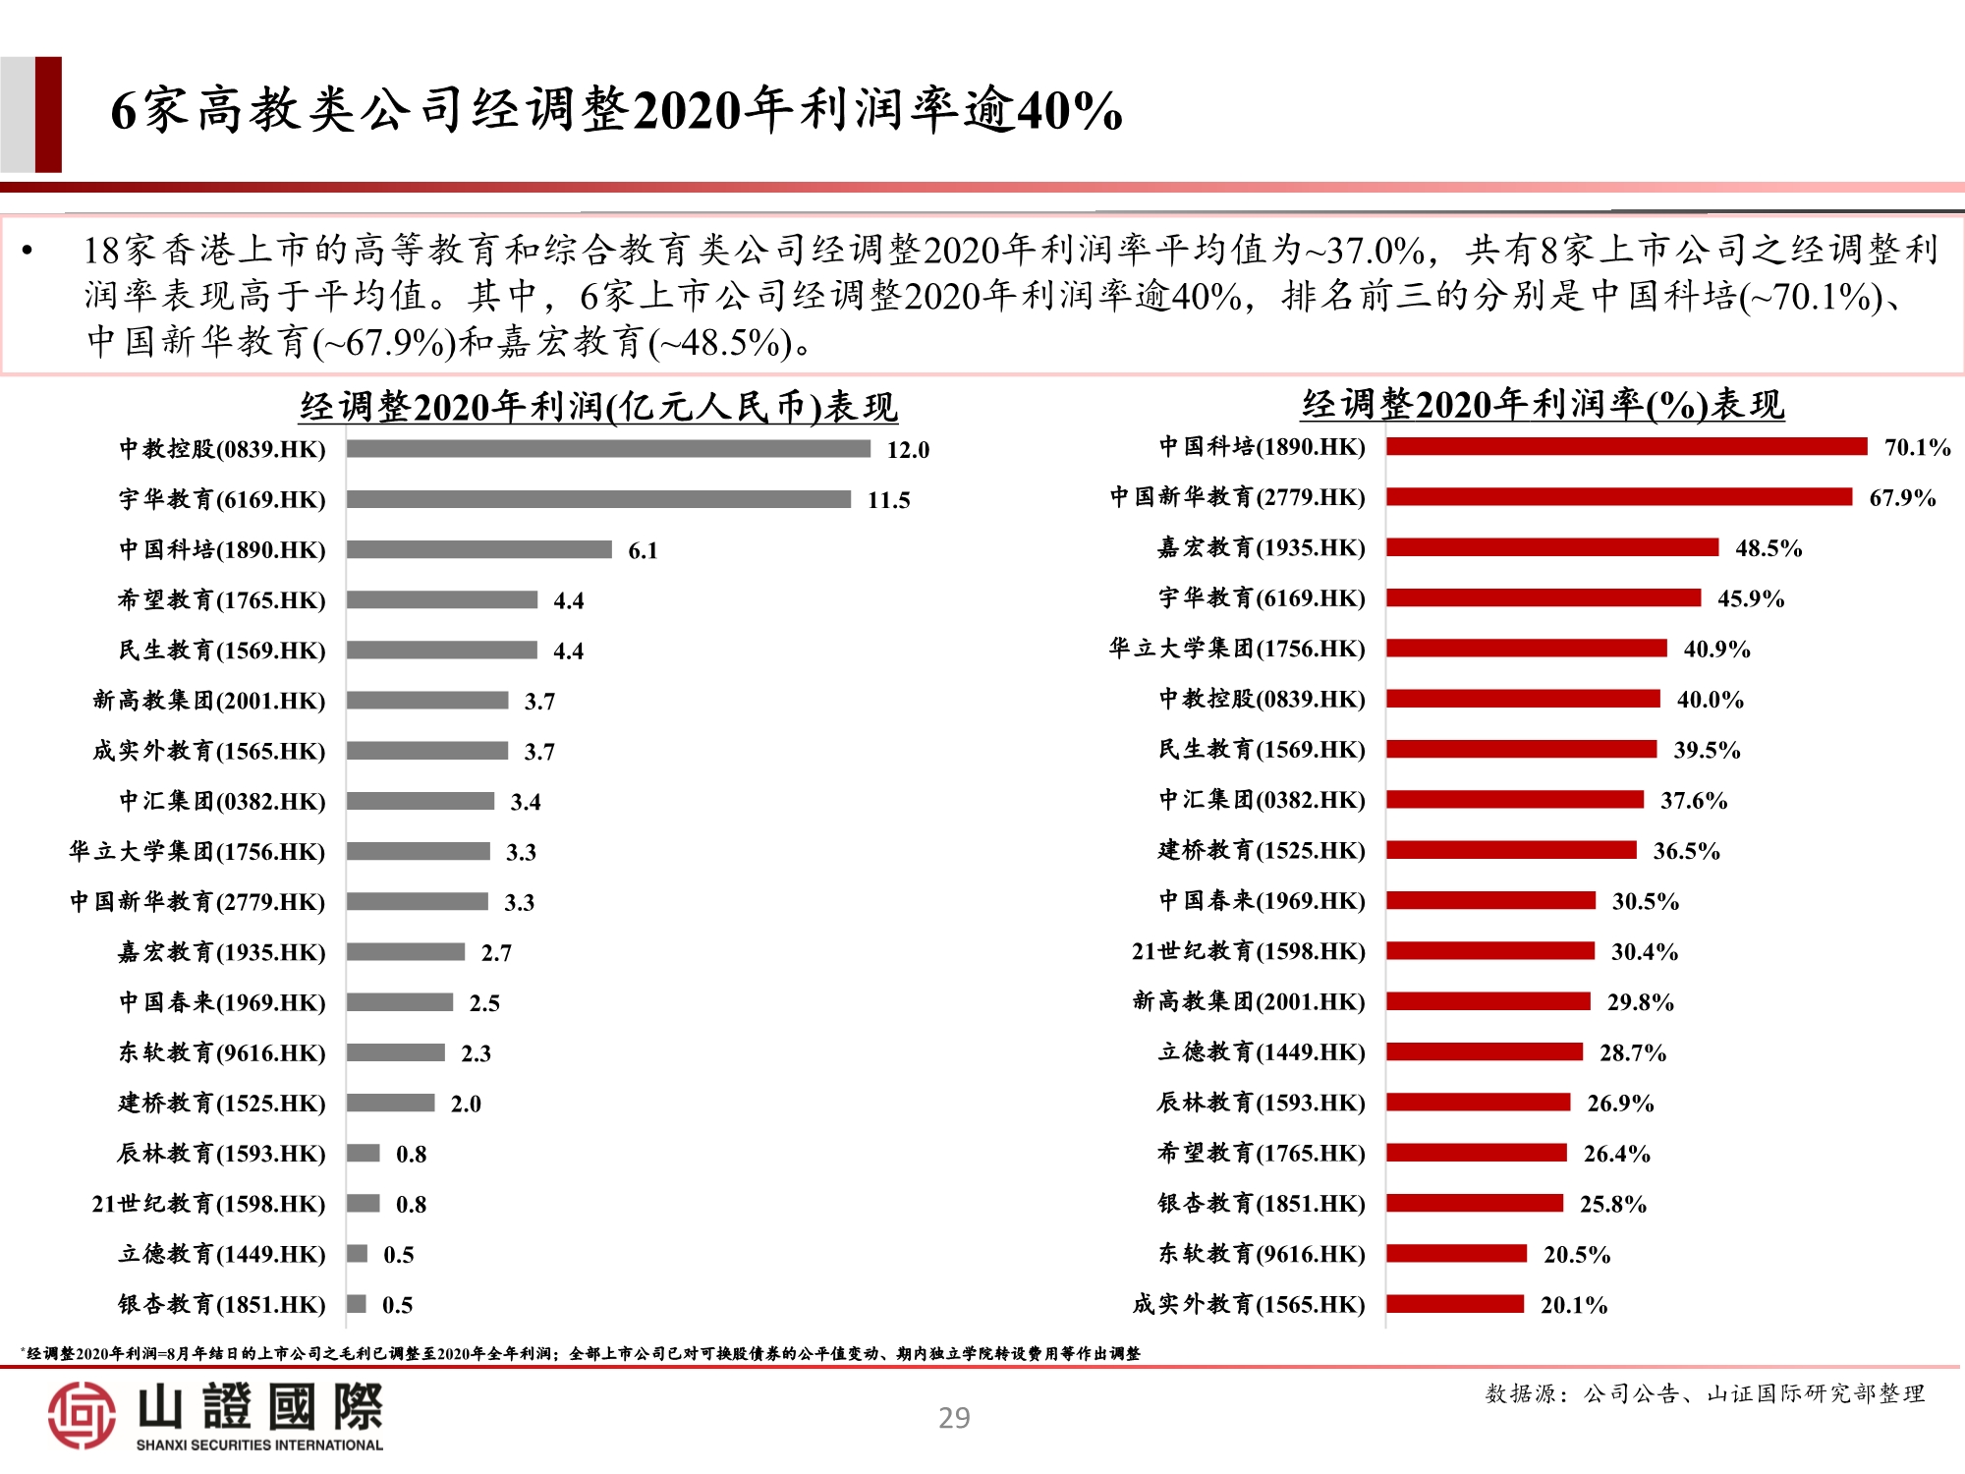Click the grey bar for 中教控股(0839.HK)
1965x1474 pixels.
tap(608, 449)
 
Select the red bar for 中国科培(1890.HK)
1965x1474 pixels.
tap(1626, 447)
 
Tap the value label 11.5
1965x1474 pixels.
tap(888, 500)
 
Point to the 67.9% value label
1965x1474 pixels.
tap(1902, 498)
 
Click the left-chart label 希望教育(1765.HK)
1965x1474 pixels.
tap(221, 600)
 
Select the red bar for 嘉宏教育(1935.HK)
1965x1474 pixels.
tap(1552, 547)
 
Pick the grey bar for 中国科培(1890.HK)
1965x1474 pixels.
tap(478, 549)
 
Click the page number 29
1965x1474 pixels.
tap(954, 1418)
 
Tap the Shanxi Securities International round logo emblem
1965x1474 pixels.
tap(82, 1415)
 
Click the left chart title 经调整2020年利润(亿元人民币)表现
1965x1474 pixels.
tap(598, 407)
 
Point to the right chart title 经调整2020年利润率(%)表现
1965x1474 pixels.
tap(1543, 405)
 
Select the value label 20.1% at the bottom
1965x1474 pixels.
tap(1574, 1305)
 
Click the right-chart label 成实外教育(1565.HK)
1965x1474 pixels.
tap(1249, 1305)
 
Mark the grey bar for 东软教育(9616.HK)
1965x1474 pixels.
tap(396, 1052)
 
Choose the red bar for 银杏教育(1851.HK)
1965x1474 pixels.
tap(1475, 1204)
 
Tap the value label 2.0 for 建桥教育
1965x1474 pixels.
tap(466, 1104)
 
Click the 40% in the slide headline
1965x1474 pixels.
tap(1069, 110)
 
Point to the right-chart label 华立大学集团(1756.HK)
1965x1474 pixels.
tap(1237, 649)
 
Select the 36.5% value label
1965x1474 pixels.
tap(1686, 851)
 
